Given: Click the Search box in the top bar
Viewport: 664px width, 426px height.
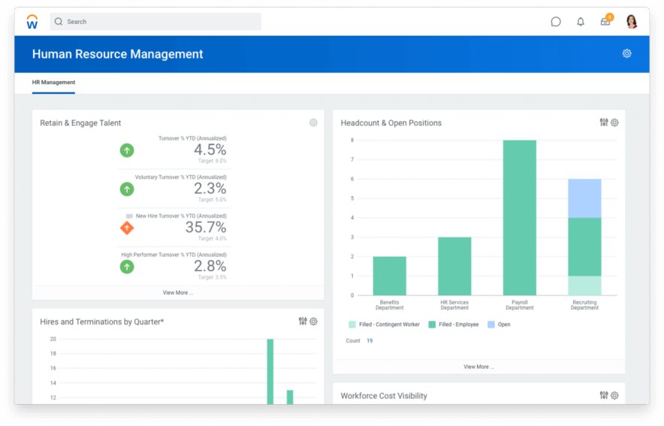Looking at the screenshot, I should (x=155, y=22).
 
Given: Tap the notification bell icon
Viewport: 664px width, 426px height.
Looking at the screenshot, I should (x=581, y=22).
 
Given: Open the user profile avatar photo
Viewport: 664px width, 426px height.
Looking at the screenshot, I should (x=631, y=22).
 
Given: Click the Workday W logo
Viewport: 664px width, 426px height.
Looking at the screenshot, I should (x=32, y=22).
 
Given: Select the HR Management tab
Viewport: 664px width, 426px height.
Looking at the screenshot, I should (x=53, y=83).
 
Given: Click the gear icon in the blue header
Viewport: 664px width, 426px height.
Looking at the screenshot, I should (x=626, y=53).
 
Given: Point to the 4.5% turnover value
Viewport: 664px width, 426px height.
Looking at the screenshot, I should (x=210, y=150).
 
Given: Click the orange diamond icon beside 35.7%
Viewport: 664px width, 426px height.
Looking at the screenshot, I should (x=127, y=228).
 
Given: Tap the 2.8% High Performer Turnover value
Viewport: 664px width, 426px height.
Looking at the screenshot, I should (x=210, y=266).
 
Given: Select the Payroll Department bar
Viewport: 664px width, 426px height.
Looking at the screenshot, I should (x=519, y=218).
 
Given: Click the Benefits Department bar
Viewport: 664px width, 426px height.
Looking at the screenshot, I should (x=389, y=276).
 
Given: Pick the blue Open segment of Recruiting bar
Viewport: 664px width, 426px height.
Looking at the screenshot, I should (x=584, y=198).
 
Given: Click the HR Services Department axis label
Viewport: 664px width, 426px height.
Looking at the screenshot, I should (x=454, y=304).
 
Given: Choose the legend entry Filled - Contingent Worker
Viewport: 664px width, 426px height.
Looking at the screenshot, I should (x=384, y=325).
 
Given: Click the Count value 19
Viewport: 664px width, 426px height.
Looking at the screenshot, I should (x=370, y=341).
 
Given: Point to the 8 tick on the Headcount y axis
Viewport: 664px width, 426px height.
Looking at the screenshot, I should (x=352, y=140).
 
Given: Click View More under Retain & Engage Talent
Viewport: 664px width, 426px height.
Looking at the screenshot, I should (x=178, y=292).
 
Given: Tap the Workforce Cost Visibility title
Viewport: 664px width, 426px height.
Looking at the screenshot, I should (x=384, y=396).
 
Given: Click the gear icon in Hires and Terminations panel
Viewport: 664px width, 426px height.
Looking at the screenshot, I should (x=313, y=322).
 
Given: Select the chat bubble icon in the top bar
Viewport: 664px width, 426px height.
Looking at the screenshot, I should (x=556, y=22).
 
